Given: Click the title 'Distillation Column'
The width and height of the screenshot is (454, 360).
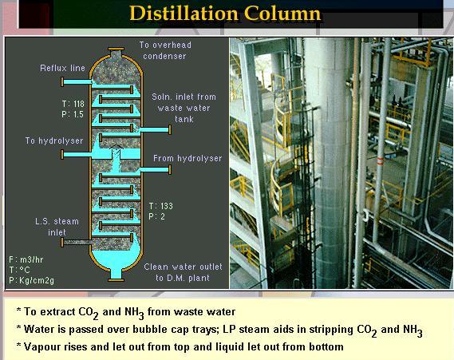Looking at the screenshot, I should (x=225, y=14).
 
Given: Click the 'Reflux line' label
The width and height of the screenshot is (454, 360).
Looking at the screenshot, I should (x=62, y=69).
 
